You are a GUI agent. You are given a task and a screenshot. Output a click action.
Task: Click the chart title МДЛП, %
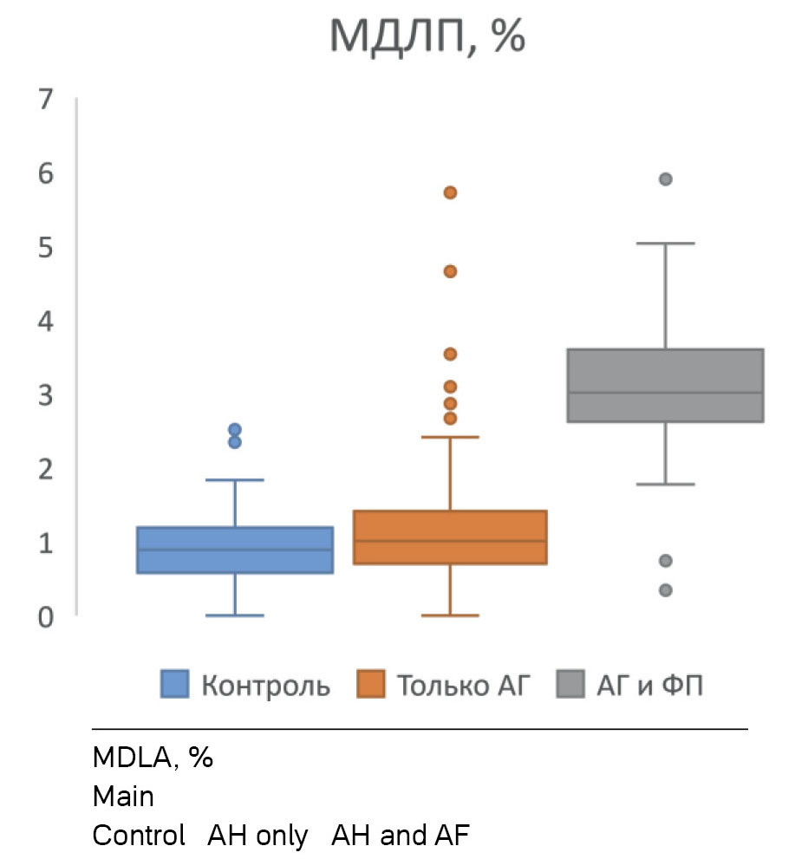point(427,36)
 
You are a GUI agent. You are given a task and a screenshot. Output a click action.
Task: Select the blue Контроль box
point(235,550)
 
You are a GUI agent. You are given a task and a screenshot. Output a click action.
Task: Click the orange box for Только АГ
point(450,537)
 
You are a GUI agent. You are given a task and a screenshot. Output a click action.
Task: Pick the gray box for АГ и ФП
point(665,385)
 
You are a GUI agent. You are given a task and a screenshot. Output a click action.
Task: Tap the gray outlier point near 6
point(666,179)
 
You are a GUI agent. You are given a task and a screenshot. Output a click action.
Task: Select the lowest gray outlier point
point(666,590)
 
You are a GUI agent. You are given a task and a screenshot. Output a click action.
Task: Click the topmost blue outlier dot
point(235,430)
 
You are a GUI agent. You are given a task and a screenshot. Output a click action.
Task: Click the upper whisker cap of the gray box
point(666,244)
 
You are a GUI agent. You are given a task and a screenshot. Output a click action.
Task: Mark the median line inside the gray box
point(665,393)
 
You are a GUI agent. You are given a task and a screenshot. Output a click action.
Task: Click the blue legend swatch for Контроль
point(175,686)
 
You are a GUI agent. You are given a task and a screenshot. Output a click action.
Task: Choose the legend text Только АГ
point(461,686)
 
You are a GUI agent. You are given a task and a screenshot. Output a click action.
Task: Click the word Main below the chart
point(123,797)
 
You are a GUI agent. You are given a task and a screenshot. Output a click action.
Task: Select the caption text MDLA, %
point(153,758)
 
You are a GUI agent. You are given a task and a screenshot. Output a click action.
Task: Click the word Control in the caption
point(139,836)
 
